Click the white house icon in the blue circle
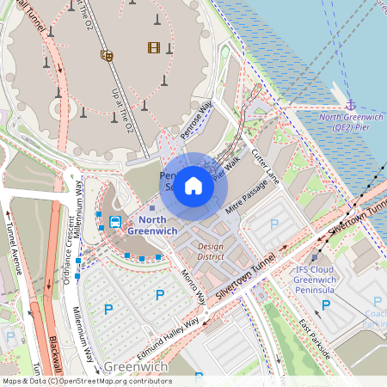tap(193, 185)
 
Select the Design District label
tap(210, 251)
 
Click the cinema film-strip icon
tap(154, 47)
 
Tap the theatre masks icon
tap(107, 56)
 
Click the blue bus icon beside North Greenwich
tap(114, 222)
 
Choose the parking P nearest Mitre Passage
tap(274, 224)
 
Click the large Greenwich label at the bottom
tap(135, 367)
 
